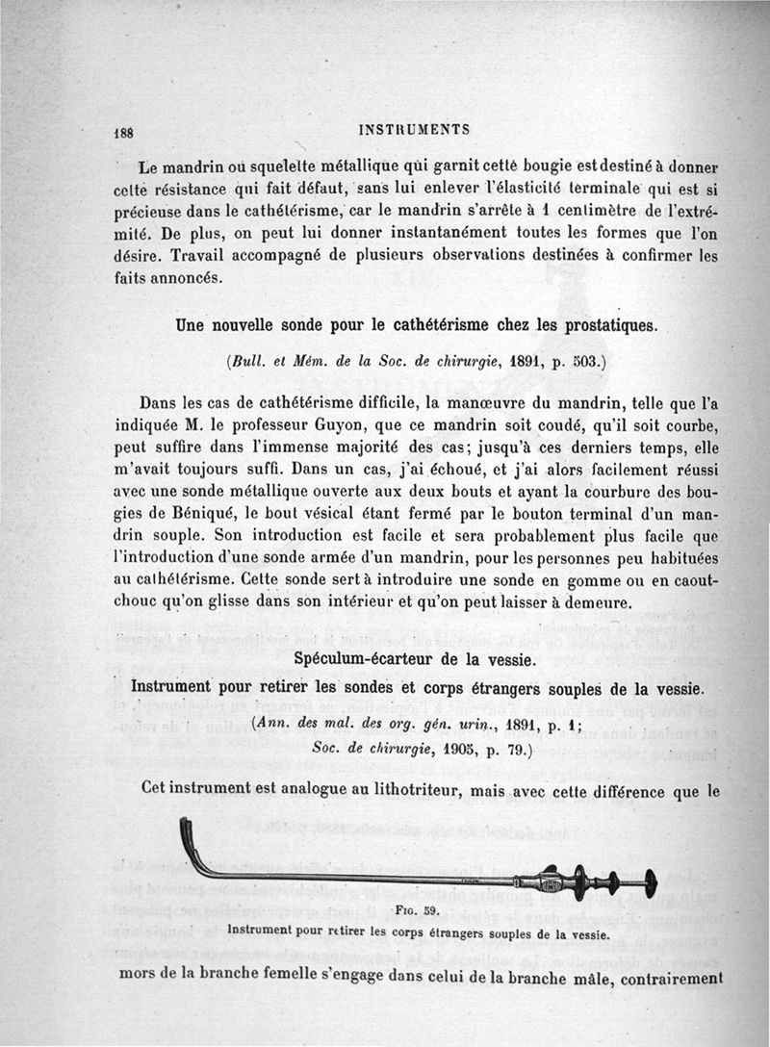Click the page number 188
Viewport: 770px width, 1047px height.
(122, 134)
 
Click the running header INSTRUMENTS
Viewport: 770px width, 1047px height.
(413, 129)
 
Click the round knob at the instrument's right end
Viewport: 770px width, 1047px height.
(651, 881)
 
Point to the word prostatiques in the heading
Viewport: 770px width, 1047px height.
(598, 325)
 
